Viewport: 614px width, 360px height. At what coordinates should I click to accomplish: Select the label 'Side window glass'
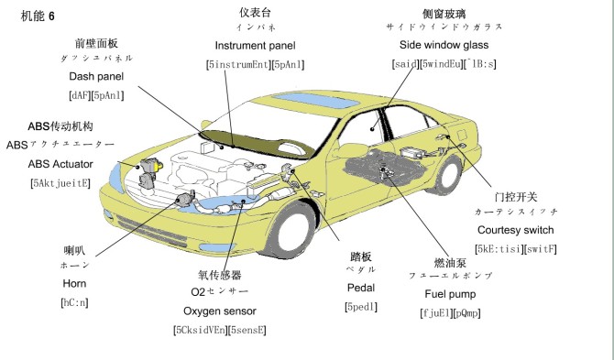(444, 45)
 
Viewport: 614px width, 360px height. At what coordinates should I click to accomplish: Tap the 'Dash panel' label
(96, 76)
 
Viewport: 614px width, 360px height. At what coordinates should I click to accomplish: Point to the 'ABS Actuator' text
(60, 164)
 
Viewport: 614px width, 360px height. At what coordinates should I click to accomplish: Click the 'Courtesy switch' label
(515, 230)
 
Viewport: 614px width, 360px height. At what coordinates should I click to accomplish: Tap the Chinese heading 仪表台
(256, 12)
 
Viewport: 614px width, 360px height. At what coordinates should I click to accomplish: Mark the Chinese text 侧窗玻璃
(444, 12)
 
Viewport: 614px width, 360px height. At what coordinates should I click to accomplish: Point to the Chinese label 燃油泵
(447, 260)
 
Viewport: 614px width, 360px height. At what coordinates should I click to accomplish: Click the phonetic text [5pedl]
(360, 307)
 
